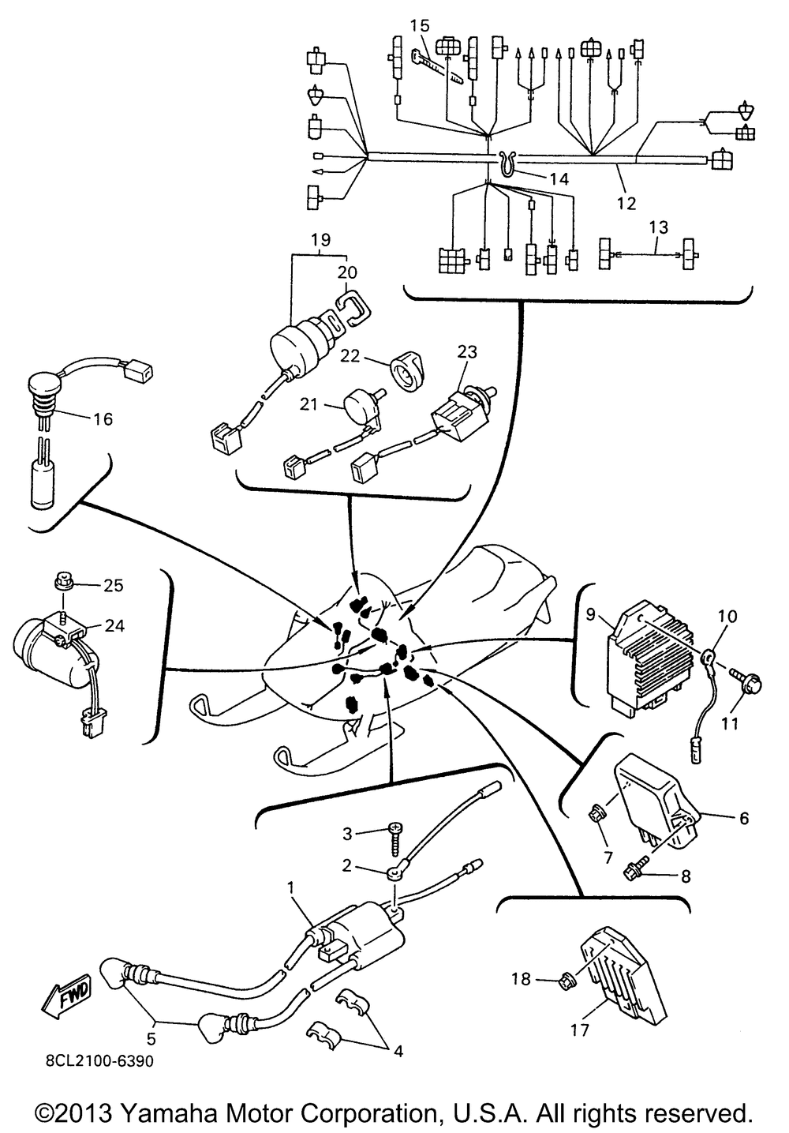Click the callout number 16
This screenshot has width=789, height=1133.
click(102, 418)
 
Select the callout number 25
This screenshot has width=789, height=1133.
click(114, 585)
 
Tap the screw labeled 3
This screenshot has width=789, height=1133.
click(394, 832)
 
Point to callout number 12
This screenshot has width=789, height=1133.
click(626, 204)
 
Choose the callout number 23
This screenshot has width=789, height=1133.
click(467, 351)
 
